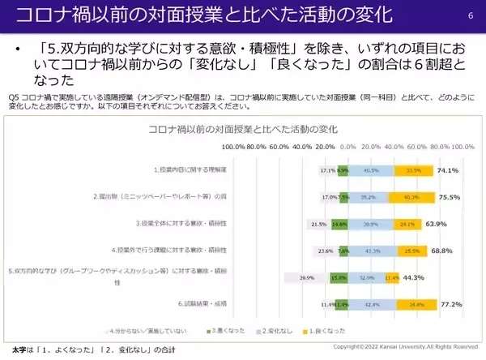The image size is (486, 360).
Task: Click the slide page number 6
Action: [470, 15]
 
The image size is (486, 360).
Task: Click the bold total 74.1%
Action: [448, 171]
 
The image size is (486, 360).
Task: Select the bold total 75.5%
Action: [448, 196]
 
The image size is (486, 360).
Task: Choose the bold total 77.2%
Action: [450, 305]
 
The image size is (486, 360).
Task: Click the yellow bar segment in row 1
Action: [415, 171]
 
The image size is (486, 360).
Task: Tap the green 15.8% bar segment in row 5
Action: [339, 277]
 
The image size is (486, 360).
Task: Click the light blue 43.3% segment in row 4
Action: [372, 251]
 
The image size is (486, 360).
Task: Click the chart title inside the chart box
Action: [243, 129]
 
